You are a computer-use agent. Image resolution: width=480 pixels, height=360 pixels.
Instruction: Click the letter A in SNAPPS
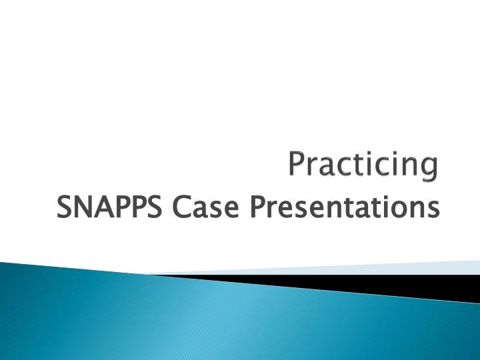click(x=97, y=207)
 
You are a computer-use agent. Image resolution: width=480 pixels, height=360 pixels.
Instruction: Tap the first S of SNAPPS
click(x=65, y=207)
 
